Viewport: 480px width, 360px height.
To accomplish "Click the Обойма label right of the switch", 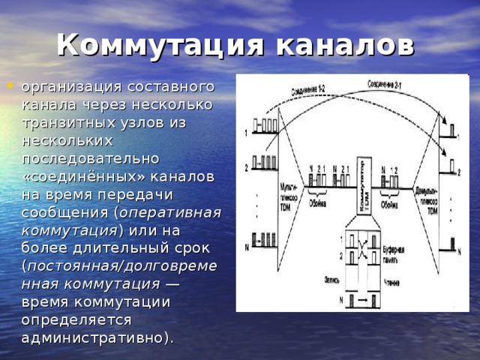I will tap(390, 202).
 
